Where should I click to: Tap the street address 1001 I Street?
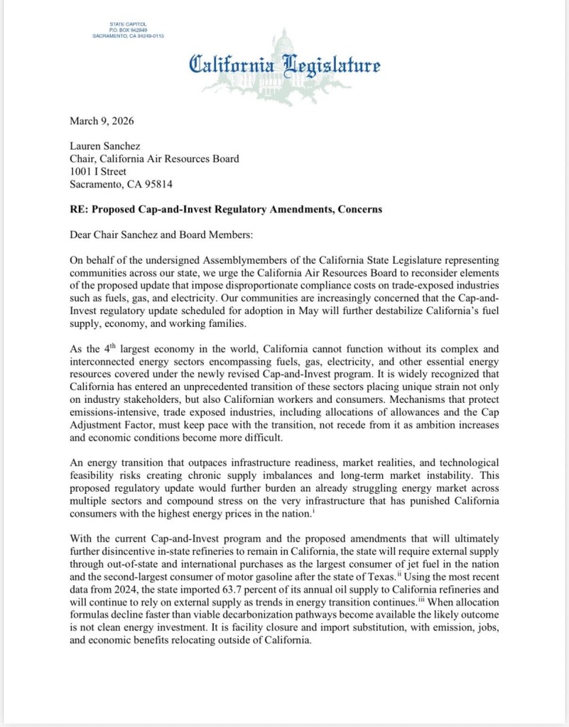tap(98, 171)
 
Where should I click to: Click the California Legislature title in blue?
tap(284, 65)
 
